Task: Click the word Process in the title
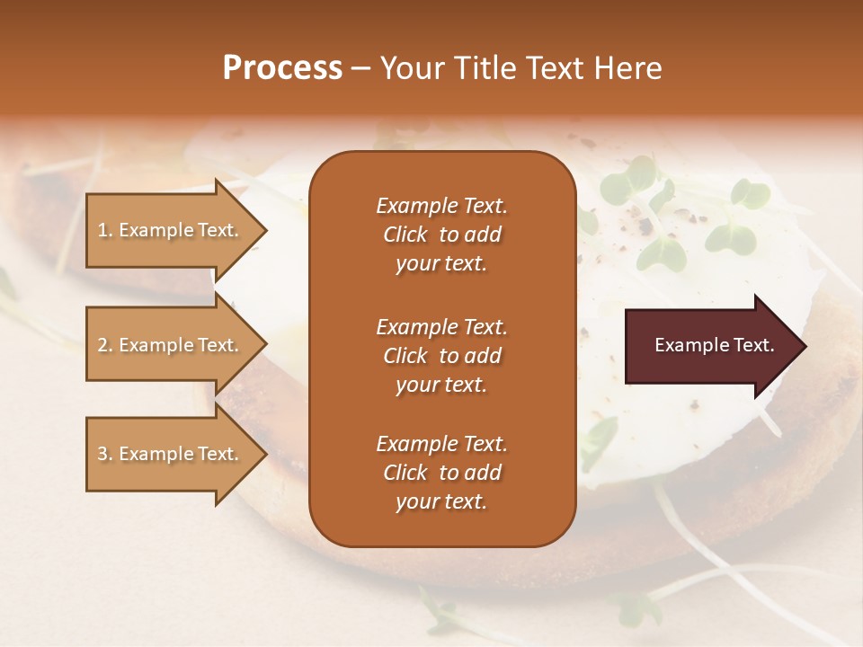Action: click(282, 68)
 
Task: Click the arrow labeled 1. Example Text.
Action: click(171, 230)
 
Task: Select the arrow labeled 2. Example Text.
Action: click(171, 345)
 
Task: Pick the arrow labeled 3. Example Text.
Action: click(171, 454)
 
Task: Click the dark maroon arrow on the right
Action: click(710, 345)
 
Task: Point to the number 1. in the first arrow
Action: click(104, 230)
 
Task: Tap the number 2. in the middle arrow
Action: click(104, 345)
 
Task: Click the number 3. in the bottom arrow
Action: click(104, 454)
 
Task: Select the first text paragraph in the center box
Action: click(441, 235)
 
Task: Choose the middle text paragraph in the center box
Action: click(441, 356)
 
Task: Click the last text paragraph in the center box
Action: click(441, 473)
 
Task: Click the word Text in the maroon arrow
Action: click(753, 345)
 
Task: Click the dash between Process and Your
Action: click(360, 68)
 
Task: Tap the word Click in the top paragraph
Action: click(405, 235)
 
